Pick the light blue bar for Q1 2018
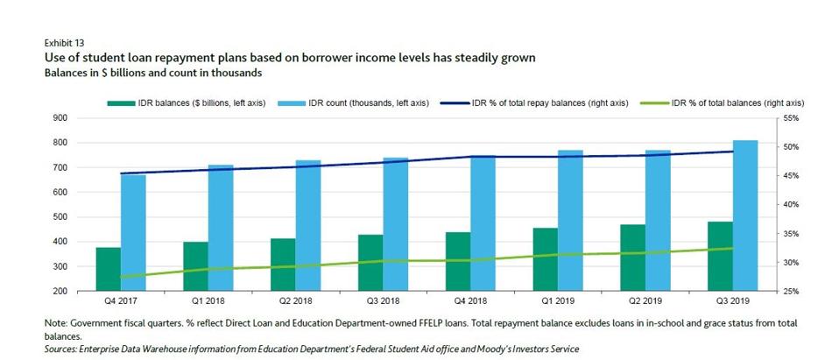[221, 228]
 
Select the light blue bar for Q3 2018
[396, 224]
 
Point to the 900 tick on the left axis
[60, 118]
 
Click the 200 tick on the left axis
[60, 291]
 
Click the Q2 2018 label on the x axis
[296, 300]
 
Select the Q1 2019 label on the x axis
[558, 300]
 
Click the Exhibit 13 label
[65, 41]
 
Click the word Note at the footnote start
[55, 323]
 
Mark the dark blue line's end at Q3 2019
[733, 152]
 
